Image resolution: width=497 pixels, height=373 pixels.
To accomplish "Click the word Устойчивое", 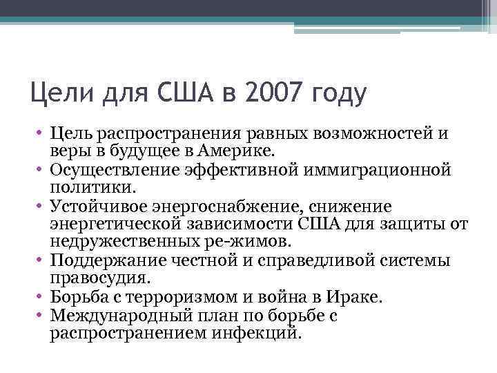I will pyautogui.click(x=101, y=207).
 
